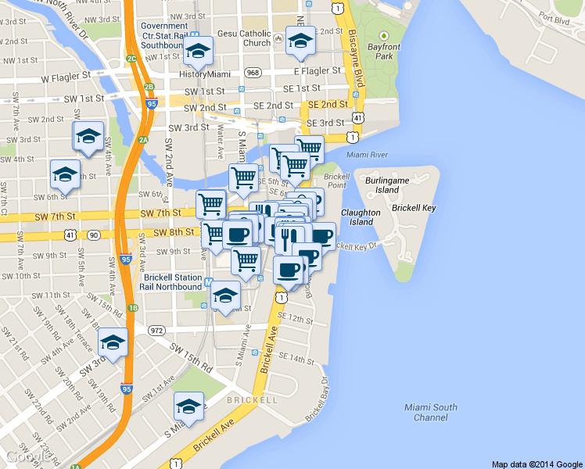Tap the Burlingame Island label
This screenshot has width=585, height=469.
pos(386,184)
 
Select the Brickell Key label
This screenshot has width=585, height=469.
pos(414,208)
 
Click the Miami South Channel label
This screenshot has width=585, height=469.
pos(431,412)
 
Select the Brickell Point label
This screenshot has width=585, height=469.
pos(336,181)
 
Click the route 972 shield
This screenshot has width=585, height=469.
pos(157,331)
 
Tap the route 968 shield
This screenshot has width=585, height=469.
pos(252,73)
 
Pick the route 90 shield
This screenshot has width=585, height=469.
pos(93,234)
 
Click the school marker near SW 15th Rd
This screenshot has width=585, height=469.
pos(113,342)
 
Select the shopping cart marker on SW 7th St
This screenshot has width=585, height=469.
pos(210,204)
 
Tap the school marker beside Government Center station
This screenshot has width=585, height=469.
pos(199,52)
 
